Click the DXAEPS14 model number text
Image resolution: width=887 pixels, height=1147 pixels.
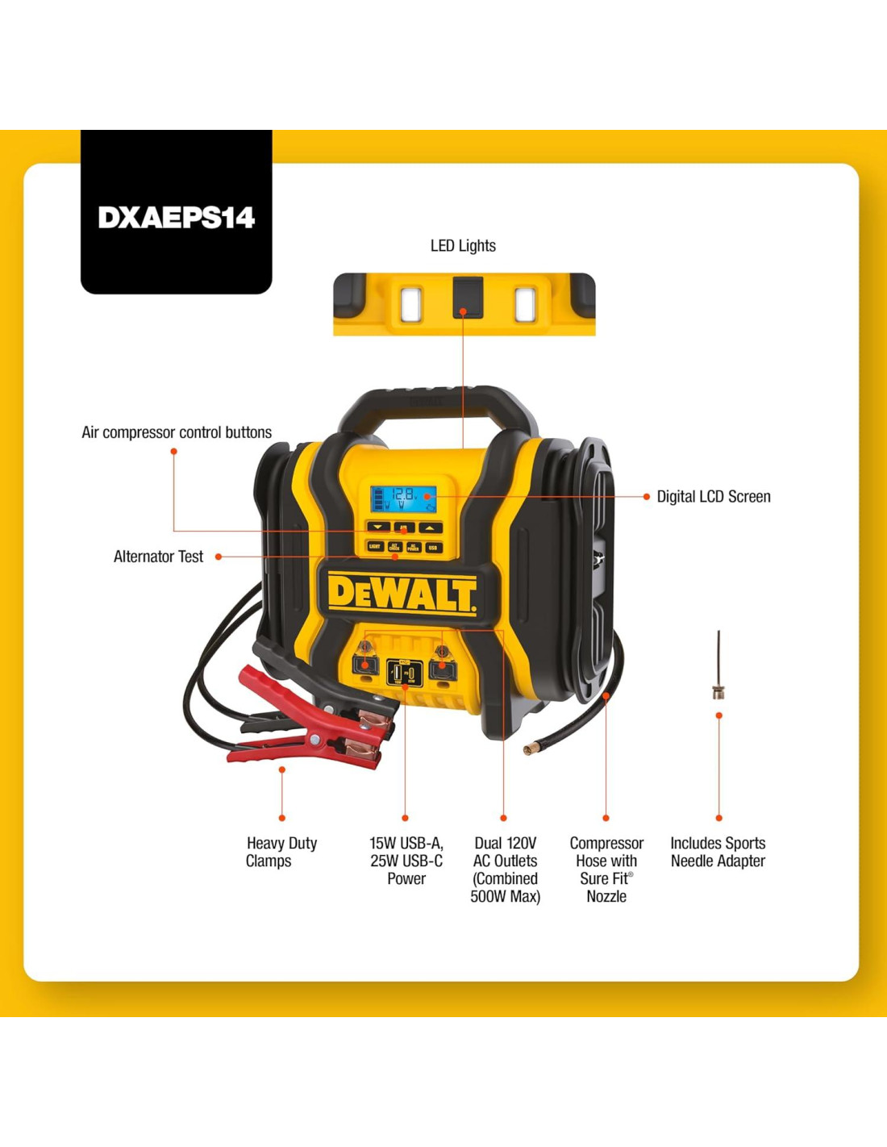click(176, 217)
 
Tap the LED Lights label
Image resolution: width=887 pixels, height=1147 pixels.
click(463, 246)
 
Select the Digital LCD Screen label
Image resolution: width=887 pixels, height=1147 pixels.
click(713, 497)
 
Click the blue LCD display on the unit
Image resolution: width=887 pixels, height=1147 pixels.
click(403, 498)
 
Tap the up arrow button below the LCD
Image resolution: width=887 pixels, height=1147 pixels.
click(430, 528)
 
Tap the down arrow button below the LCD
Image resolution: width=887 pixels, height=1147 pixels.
click(377, 528)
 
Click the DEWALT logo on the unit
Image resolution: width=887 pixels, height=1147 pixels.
click(402, 594)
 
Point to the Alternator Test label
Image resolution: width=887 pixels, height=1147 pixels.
click(158, 557)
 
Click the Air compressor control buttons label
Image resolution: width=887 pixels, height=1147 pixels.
click(177, 432)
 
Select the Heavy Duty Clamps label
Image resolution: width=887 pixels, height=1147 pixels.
click(281, 852)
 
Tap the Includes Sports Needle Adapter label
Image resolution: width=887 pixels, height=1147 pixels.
click(718, 852)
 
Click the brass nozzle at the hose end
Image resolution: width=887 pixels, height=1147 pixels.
click(530, 749)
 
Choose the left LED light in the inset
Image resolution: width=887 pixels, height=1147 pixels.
click(411, 304)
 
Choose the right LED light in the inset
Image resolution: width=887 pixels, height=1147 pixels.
click(525, 304)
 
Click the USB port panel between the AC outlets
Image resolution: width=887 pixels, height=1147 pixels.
click(403, 672)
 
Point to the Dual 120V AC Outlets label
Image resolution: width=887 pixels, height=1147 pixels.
click(506, 870)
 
